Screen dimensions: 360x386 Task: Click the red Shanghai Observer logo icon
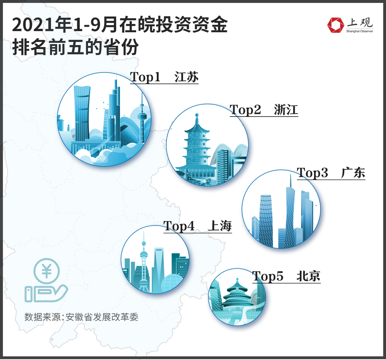[x=335, y=25]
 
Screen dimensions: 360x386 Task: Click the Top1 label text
[x=145, y=77]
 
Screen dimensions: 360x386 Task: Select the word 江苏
[x=186, y=77]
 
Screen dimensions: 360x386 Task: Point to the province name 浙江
[x=286, y=110]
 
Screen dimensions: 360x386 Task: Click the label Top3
[x=312, y=173]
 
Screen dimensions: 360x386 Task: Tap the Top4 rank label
[x=179, y=226]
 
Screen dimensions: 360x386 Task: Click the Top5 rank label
[x=267, y=276]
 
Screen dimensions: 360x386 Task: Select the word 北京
[x=308, y=276]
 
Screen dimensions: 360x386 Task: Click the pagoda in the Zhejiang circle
[x=197, y=150]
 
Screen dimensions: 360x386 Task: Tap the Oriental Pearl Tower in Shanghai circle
[x=144, y=262]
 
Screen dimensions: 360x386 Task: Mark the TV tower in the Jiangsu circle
[x=142, y=116]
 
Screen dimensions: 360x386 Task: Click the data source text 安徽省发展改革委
[x=102, y=317]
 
